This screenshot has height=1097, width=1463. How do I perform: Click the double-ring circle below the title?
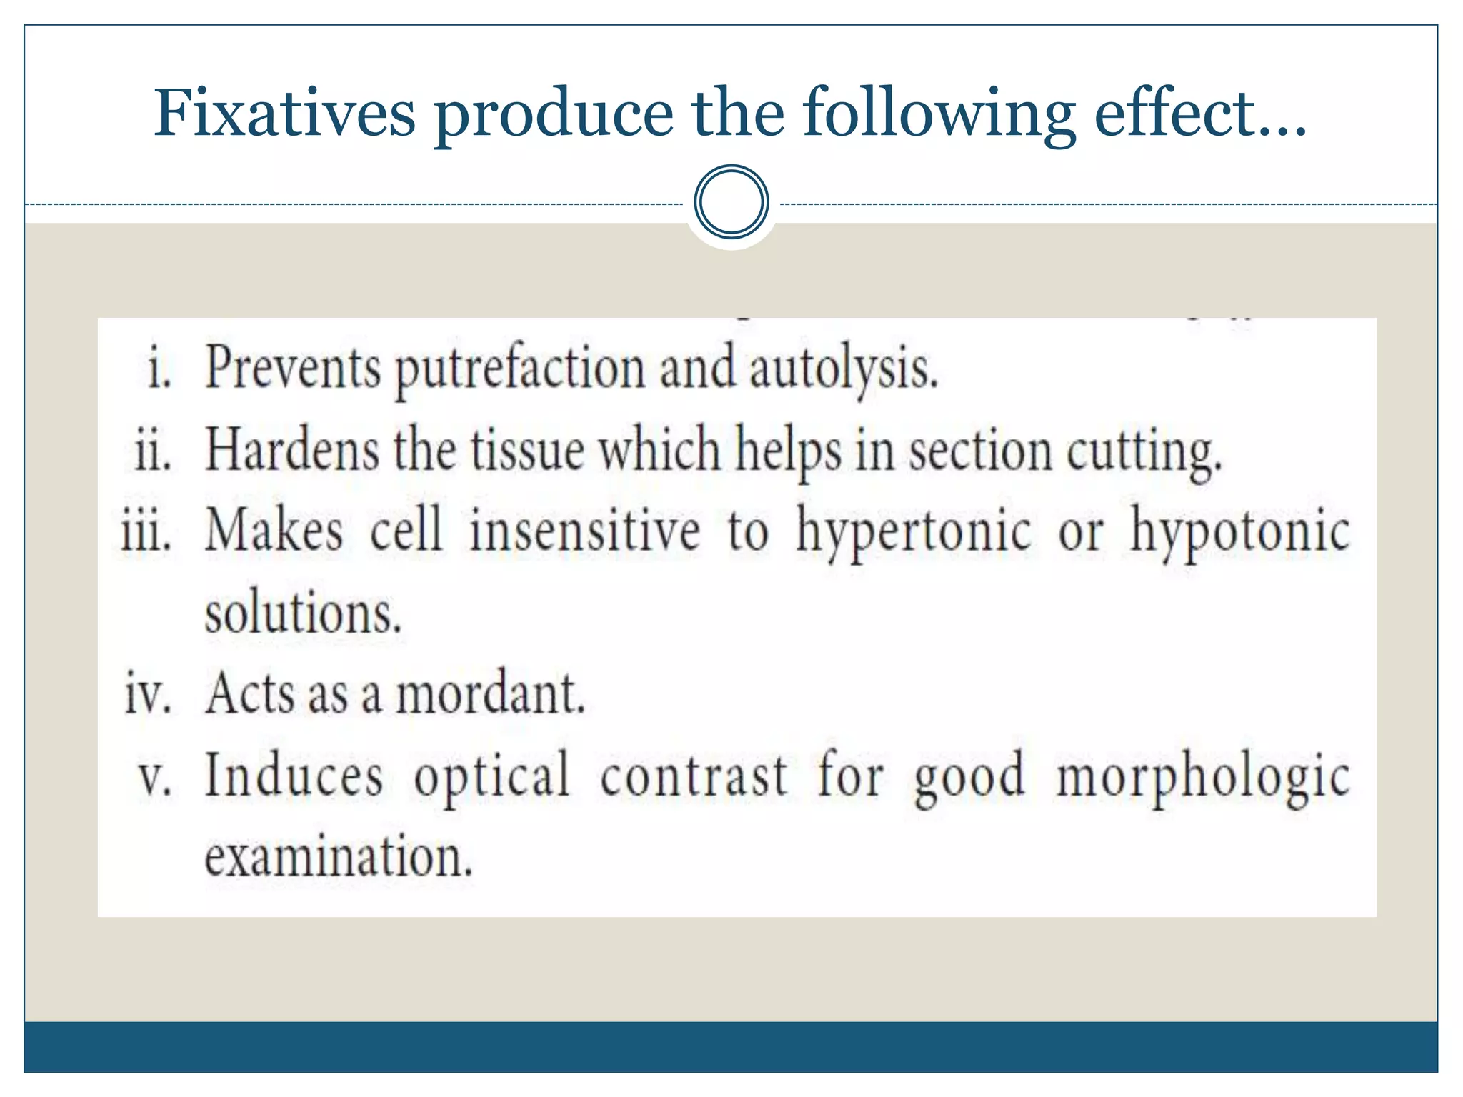coord(731,202)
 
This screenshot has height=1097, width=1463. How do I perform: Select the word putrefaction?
coord(520,370)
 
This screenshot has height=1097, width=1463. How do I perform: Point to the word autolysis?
coord(843,370)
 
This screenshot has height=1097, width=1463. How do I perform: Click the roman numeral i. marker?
coord(159,370)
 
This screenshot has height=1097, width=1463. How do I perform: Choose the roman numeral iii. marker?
coord(146,532)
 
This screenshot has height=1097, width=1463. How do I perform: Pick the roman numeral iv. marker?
coord(149,693)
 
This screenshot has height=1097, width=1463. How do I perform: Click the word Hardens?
coord(292,450)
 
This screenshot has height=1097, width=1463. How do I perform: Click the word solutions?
coord(303,614)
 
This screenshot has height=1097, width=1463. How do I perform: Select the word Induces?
coord(294,776)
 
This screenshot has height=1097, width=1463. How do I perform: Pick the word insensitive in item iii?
coord(584,532)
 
